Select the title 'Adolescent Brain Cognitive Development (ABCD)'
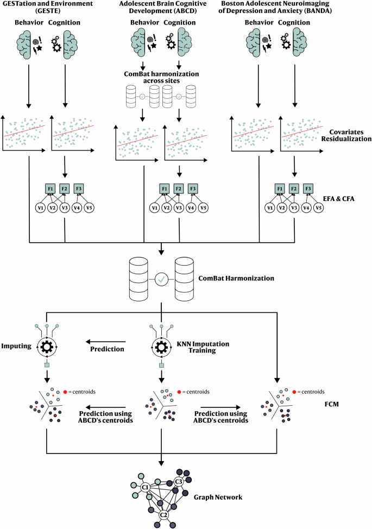coord(162,8)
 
